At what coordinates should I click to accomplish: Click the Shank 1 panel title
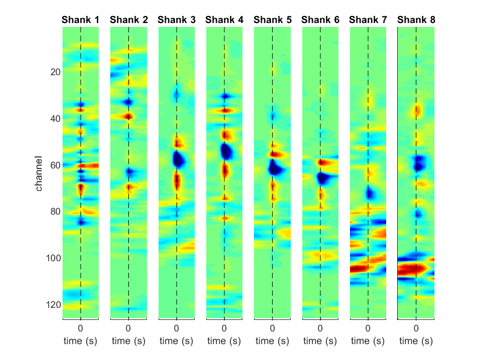click(x=81, y=20)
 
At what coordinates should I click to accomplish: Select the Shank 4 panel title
click(x=224, y=20)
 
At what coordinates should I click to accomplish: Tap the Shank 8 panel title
click(x=416, y=20)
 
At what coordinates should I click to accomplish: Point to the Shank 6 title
click(x=320, y=20)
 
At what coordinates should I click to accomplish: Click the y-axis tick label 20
click(x=55, y=72)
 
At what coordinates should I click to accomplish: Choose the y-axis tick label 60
click(x=55, y=165)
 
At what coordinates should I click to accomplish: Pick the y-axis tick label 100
click(x=53, y=258)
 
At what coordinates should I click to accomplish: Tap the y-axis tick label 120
click(x=53, y=305)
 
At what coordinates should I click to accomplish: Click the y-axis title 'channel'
click(x=38, y=173)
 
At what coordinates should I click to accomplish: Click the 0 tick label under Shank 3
click(x=176, y=329)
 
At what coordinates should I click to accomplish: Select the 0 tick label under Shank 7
click(x=368, y=329)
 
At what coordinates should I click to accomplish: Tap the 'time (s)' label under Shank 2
click(x=128, y=341)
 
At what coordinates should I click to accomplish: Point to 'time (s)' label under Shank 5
click(x=272, y=341)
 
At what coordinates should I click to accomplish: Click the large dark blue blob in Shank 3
click(x=179, y=159)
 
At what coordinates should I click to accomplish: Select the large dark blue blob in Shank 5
click(x=276, y=168)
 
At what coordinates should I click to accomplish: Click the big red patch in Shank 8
click(x=413, y=269)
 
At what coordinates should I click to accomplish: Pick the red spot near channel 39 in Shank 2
click(x=128, y=116)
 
